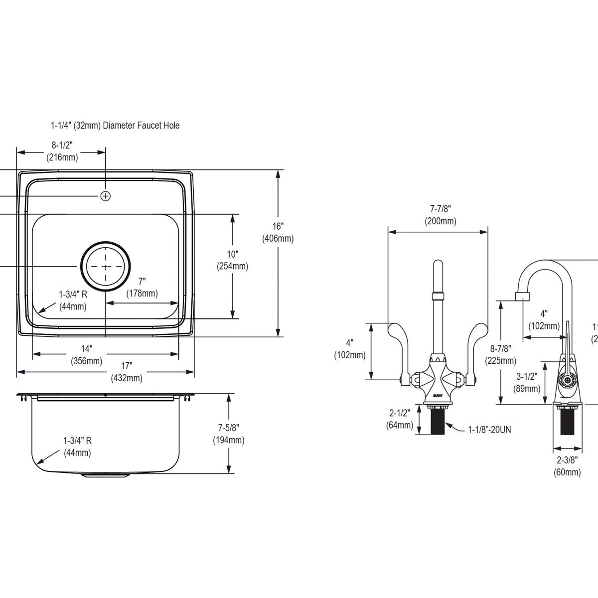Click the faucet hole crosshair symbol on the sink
(x=105, y=196)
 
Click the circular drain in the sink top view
(x=106, y=266)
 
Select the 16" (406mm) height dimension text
(x=278, y=232)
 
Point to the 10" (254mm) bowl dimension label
(x=232, y=260)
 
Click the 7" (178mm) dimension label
(x=142, y=288)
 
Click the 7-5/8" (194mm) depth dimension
(x=229, y=434)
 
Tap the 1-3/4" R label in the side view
(x=77, y=447)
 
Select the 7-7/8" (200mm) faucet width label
(x=440, y=215)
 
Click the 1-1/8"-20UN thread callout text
(x=489, y=429)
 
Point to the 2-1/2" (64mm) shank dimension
(x=399, y=419)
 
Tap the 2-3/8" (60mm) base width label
(x=567, y=466)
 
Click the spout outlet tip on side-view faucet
(x=521, y=298)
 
